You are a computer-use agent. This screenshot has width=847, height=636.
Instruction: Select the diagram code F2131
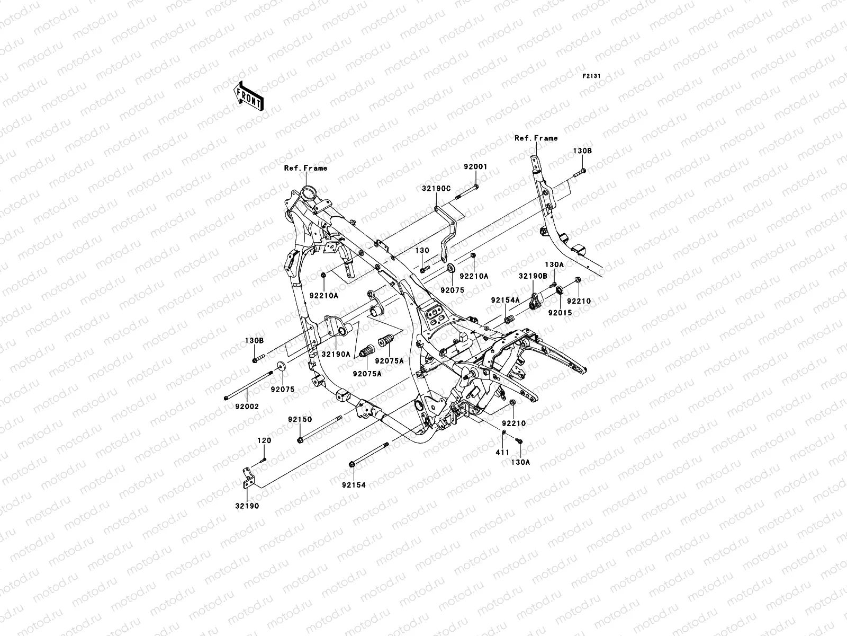[x=591, y=76]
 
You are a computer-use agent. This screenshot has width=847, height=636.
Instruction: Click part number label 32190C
[x=436, y=188]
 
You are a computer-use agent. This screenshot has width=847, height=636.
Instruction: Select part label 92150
[x=300, y=419]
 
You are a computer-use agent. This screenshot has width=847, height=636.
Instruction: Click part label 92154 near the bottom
[x=353, y=484]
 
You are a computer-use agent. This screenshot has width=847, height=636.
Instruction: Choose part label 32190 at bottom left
[x=247, y=506]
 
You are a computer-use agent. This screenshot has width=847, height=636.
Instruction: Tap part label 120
[x=264, y=440]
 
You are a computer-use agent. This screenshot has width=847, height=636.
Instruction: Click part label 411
[x=502, y=452]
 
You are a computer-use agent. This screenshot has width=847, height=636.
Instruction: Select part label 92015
[x=560, y=313]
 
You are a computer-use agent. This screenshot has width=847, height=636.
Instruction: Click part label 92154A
[x=504, y=300]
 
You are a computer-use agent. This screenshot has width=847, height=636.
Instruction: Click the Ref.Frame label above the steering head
[x=305, y=168]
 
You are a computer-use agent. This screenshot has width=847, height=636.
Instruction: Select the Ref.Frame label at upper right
[x=536, y=138]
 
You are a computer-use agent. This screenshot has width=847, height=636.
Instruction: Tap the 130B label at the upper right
[x=582, y=151]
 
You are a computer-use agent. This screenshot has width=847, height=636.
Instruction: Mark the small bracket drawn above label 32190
[x=248, y=477]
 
